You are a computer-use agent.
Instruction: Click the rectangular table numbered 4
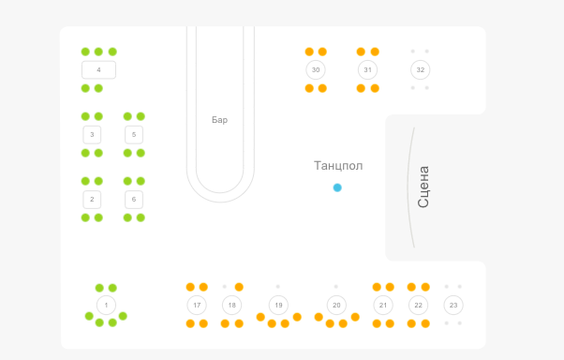[98, 69]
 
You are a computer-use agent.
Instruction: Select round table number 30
[316, 69]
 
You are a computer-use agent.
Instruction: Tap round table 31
[367, 69]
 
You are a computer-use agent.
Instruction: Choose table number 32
[420, 69]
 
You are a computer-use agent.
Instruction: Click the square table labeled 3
[92, 135]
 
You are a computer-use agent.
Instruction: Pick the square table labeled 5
[134, 135]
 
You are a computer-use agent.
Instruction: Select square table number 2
[92, 200]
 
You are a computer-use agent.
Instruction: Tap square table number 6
[134, 200]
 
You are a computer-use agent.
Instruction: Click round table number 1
[106, 306]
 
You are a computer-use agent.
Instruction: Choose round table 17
[197, 306]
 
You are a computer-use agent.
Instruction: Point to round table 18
[232, 306]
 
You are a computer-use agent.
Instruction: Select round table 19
[278, 306]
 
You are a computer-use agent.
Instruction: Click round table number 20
[336, 306]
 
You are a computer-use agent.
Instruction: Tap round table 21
[383, 306]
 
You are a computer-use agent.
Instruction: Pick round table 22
[419, 306]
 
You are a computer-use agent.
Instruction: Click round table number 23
[453, 306]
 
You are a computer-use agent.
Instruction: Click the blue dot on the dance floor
[337, 187]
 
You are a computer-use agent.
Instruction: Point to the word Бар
[219, 120]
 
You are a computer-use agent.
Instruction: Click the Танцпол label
[338, 166]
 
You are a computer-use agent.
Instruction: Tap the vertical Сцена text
[423, 187]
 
